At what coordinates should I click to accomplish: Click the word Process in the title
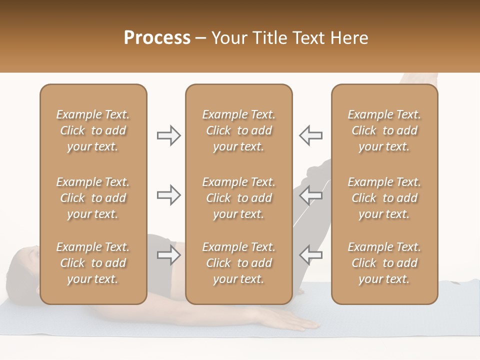(x=157, y=38)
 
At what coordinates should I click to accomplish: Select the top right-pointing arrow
(x=168, y=135)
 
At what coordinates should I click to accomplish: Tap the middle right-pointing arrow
(x=168, y=195)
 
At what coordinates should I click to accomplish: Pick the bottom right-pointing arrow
(x=168, y=255)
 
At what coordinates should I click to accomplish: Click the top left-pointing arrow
(x=311, y=135)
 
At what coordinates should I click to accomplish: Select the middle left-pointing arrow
(x=311, y=195)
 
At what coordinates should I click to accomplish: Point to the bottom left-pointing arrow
(x=311, y=255)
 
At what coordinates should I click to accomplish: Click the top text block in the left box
(x=93, y=130)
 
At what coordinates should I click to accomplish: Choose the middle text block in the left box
(x=93, y=198)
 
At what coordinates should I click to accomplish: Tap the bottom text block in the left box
(x=93, y=263)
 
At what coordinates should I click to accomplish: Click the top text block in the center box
(x=238, y=130)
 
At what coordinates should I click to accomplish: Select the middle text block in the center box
(x=238, y=198)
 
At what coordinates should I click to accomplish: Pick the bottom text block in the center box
(x=238, y=263)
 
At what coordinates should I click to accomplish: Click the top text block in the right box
(x=384, y=130)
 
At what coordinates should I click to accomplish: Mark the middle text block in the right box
(x=384, y=198)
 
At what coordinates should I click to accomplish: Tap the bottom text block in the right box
(x=384, y=263)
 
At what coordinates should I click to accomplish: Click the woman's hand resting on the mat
(x=300, y=324)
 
